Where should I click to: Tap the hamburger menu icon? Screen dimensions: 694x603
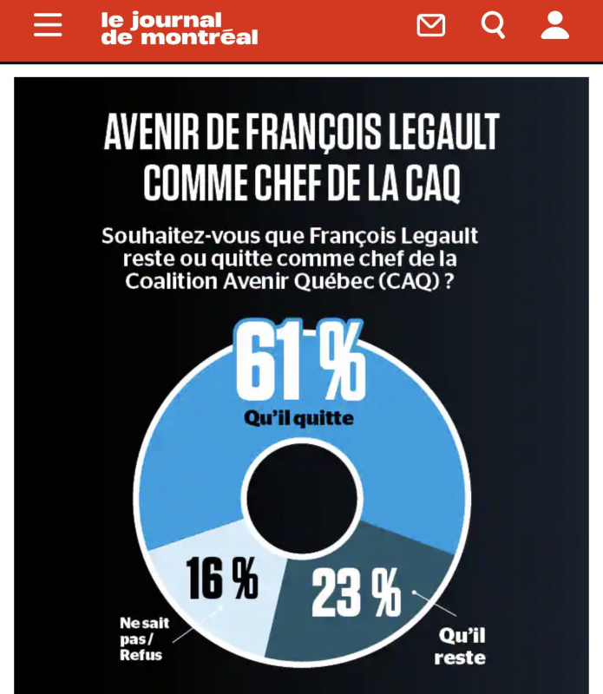(x=48, y=25)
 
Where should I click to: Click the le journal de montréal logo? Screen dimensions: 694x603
(x=179, y=28)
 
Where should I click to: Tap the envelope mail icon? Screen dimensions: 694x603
(x=430, y=25)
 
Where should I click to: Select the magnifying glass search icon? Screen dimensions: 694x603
(x=493, y=25)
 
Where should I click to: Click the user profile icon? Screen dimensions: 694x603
(x=554, y=25)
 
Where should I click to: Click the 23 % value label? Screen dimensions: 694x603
(x=356, y=593)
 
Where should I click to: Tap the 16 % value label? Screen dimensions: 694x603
(x=222, y=579)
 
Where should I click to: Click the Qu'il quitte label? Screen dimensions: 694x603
(x=298, y=418)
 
